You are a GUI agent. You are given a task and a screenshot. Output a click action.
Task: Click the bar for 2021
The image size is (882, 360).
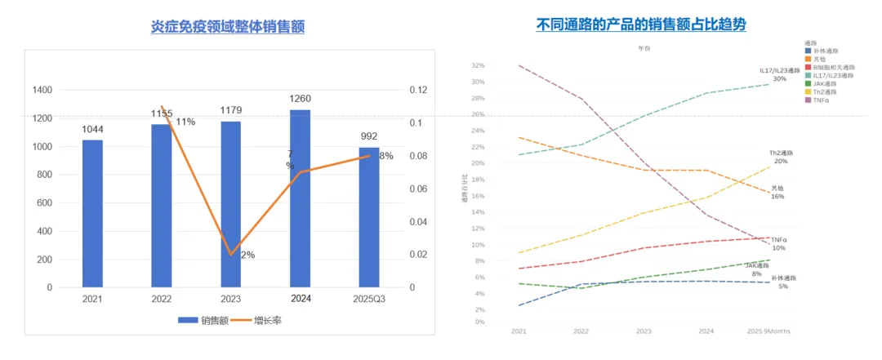click(92, 214)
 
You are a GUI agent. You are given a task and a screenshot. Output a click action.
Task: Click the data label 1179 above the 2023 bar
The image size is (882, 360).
click(231, 110)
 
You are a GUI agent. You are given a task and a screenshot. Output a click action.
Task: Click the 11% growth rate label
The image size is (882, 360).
click(185, 122)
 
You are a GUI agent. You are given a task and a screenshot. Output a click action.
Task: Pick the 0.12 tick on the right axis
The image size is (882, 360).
click(417, 90)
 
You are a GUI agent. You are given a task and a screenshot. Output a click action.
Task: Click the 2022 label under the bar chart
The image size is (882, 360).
click(162, 300)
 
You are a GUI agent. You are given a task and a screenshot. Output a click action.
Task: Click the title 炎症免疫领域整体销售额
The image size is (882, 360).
click(228, 27)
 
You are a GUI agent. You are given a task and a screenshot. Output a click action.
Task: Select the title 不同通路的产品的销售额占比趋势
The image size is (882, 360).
click(641, 25)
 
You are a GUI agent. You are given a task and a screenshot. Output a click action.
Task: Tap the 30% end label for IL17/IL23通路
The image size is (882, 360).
click(780, 79)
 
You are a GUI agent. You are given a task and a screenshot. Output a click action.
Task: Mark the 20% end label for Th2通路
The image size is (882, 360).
click(780, 161)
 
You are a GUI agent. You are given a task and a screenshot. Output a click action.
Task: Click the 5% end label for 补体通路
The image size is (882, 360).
click(783, 287)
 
